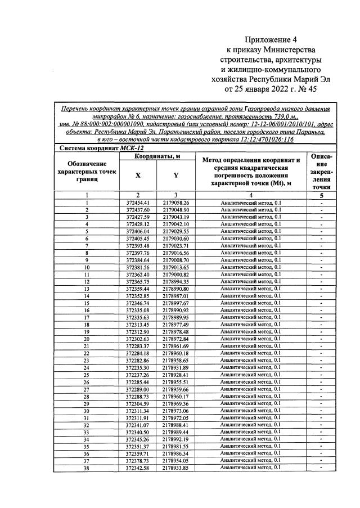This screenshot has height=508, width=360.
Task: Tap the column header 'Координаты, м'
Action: coord(156,155)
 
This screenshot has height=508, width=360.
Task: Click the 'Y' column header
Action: coord(175,175)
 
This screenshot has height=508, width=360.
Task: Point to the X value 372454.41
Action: coord(137,203)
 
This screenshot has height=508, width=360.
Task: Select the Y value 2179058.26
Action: coord(175,203)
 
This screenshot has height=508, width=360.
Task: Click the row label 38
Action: coord(87,468)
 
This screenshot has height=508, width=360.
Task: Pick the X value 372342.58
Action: coord(137,468)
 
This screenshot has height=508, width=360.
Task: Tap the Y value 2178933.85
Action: coord(175,468)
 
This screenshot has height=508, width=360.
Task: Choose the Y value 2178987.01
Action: coord(175,296)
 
